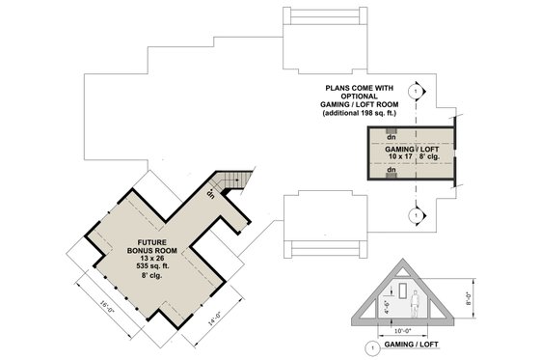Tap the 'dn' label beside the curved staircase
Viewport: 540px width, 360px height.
[x=209, y=193]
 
